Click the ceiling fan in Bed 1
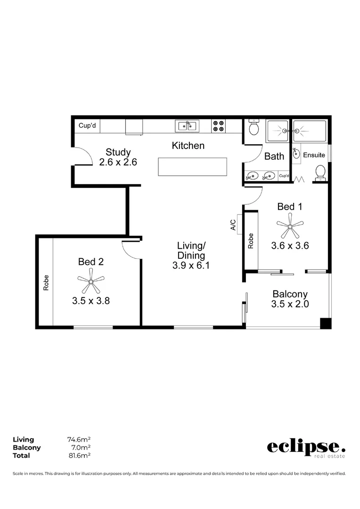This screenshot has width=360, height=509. pyautogui.click(x=290, y=226)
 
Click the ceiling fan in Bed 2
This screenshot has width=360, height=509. pyautogui.click(x=90, y=281)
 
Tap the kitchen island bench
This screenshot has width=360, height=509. pyautogui.click(x=192, y=167)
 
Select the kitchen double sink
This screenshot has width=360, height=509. pyautogui.click(x=187, y=126)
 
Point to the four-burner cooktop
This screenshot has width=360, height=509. pyautogui.click(x=218, y=125)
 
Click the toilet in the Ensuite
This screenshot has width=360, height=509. pyautogui.click(x=320, y=172)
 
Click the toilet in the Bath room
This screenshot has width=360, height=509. pyautogui.click(x=254, y=127)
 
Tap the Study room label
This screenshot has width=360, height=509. pyautogui.click(x=118, y=152)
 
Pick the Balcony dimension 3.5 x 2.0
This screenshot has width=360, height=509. pyautogui.click(x=290, y=304)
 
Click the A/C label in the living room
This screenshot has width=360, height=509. pyautogui.click(x=233, y=225)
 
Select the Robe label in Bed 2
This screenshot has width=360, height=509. pyautogui.click(x=46, y=282)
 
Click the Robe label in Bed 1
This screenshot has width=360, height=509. pyautogui.click(x=251, y=241)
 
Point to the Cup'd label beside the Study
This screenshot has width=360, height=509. pyautogui.click(x=87, y=126)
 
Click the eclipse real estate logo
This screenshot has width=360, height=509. pyautogui.click(x=306, y=448)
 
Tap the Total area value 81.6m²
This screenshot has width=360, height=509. pyautogui.click(x=79, y=456)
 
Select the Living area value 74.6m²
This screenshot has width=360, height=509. pyautogui.click(x=79, y=440)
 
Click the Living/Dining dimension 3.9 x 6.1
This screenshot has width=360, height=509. pyautogui.click(x=191, y=265)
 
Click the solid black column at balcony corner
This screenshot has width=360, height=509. pyautogui.click(x=326, y=323)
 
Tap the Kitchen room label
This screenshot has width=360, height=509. pyautogui.click(x=188, y=146)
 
